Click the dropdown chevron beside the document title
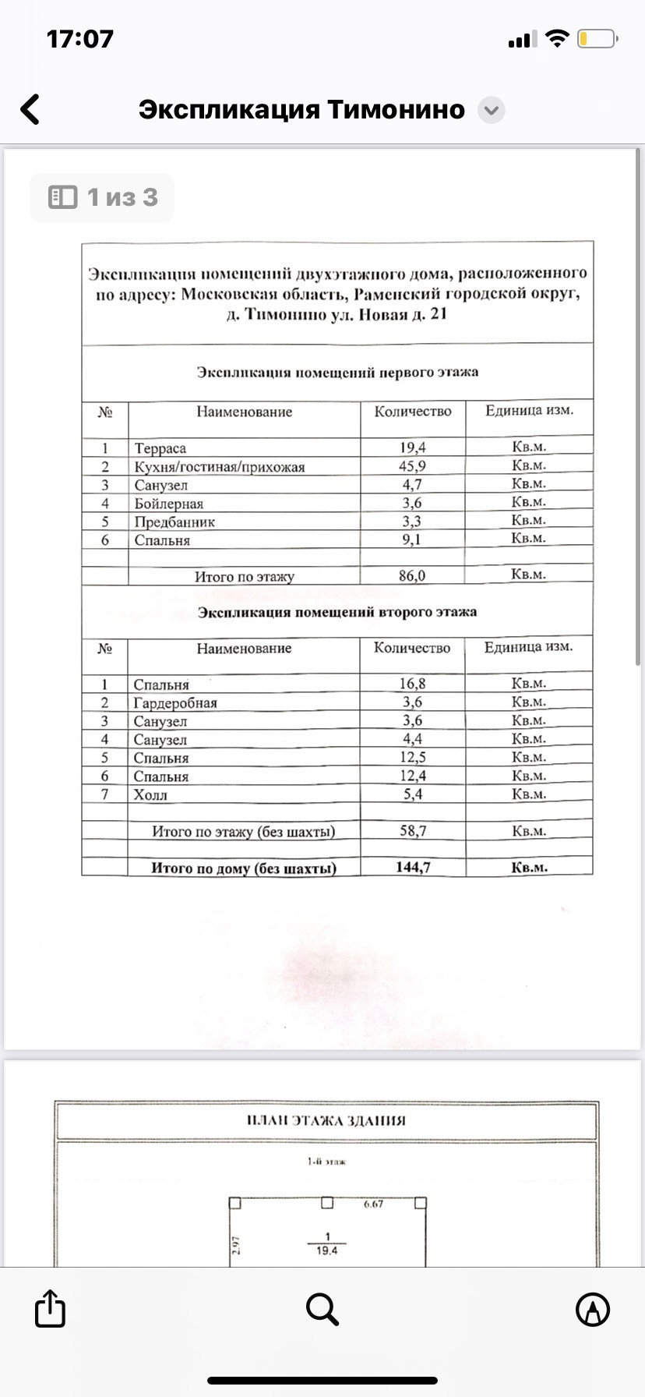(x=491, y=111)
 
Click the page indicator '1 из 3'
(x=102, y=198)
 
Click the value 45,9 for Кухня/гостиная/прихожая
(x=412, y=466)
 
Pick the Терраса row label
(x=160, y=448)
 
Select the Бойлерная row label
(x=169, y=504)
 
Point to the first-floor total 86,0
(x=412, y=576)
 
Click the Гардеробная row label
(x=175, y=703)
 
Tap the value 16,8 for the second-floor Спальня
(x=412, y=684)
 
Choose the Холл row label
(x=150, y=795)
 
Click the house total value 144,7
(x=413, y=867)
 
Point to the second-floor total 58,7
(x=413, y=831)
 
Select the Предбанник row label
(x=174, y=522)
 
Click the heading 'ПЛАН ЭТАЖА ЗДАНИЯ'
(x=326, y=1121)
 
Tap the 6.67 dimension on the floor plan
(x=374, y=1204)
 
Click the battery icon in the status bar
(x=597, y=39)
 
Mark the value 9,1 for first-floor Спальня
(x=411, y=539)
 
